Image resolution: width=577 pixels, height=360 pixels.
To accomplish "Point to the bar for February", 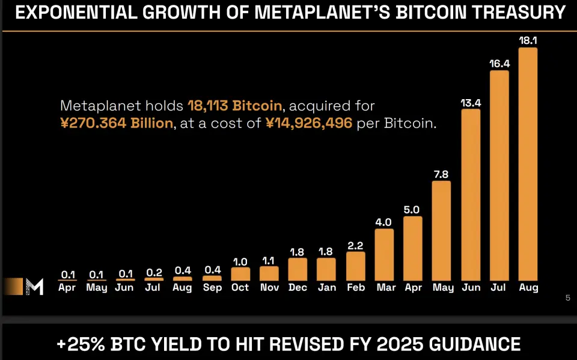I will click(x=356, y=266).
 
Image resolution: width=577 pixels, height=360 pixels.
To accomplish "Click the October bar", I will click(x=240, y=274).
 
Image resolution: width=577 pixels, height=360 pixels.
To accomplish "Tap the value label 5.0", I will click(x=413, y=210).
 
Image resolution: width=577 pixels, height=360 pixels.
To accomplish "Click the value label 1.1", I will click(x=269, y=261).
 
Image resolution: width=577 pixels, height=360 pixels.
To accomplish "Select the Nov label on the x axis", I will click(x=269, y=288).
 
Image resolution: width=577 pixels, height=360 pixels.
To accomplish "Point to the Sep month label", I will click(x=212, y=288).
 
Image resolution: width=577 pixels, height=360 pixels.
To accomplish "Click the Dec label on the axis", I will click(x=298, y=288).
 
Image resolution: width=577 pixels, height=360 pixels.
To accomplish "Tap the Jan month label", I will click(x=326, y=288).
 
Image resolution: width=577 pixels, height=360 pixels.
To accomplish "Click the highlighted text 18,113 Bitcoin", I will click(x=235, y=106).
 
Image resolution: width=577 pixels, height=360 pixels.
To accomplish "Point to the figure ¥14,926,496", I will click(x=308, y=124).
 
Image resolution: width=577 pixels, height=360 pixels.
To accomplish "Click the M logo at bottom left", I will click(x=34, y=287).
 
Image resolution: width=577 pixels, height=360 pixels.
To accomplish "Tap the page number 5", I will click(x=567, y=297).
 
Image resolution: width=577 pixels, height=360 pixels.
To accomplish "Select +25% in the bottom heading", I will click(x=81, y=344).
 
